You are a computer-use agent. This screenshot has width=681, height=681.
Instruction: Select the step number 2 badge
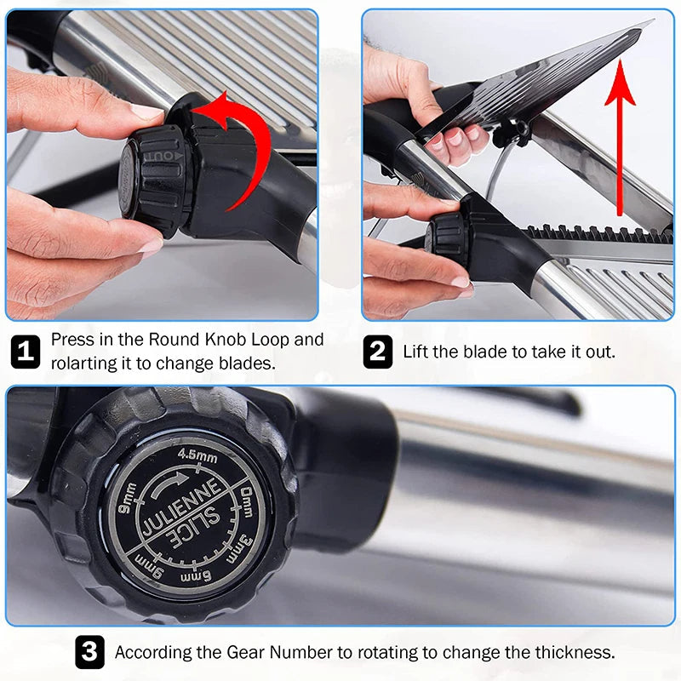(377, 351)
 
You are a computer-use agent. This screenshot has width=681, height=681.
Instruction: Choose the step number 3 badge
(90, 652)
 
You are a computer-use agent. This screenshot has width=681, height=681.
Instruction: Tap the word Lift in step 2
(417, 351)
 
